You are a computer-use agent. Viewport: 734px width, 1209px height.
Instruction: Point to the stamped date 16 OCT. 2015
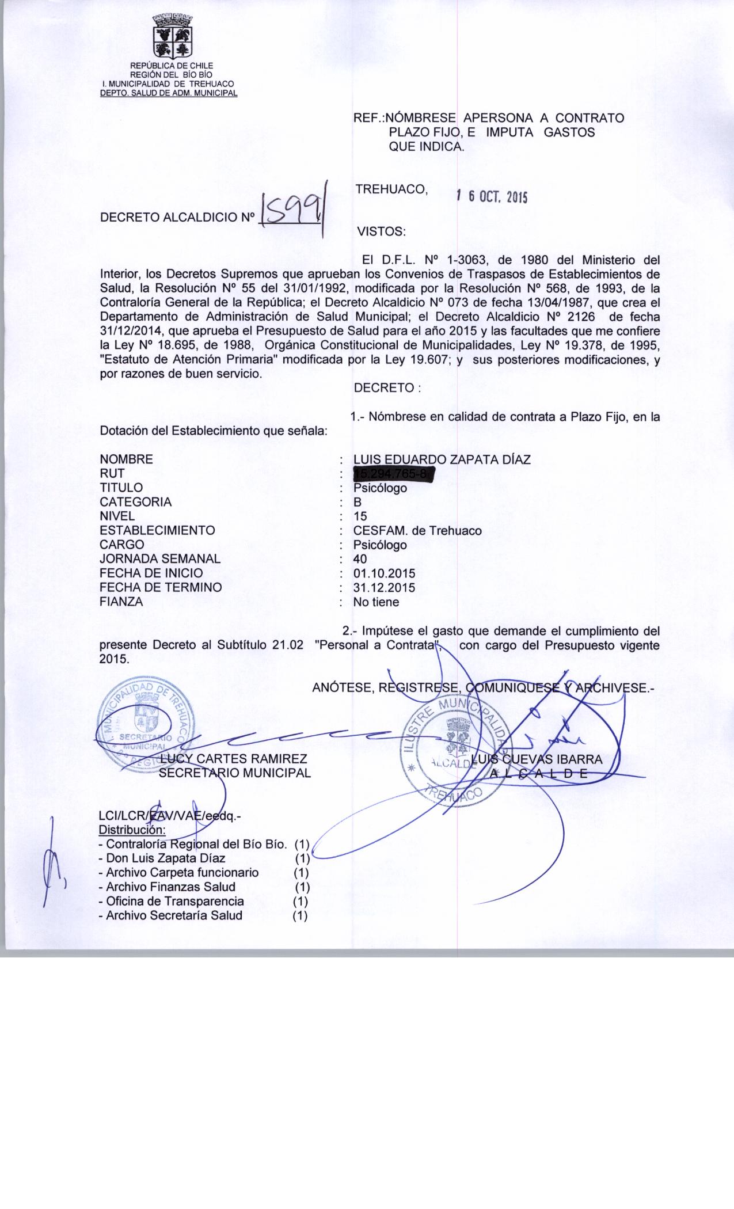[491, 197]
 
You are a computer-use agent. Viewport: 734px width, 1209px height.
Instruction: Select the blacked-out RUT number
[393, 474]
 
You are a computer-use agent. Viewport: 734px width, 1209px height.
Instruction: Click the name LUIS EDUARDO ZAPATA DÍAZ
[442, 459]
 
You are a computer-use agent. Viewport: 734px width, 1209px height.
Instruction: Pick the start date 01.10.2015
[384, 573]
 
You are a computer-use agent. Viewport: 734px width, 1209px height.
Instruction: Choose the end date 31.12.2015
[384, 588]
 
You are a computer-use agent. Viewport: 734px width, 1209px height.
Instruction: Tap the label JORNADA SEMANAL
[160, 559]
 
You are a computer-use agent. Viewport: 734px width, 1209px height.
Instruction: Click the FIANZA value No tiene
[376, 602]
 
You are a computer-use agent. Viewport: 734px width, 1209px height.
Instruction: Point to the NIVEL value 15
[360, 516]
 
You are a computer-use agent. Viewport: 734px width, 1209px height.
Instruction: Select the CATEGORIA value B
[358, 502]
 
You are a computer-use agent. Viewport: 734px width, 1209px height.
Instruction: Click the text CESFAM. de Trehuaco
[417, 530]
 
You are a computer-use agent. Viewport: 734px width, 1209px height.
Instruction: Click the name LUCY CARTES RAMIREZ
[234, 759]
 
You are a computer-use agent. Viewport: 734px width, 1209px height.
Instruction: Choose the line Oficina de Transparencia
[175, 901]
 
